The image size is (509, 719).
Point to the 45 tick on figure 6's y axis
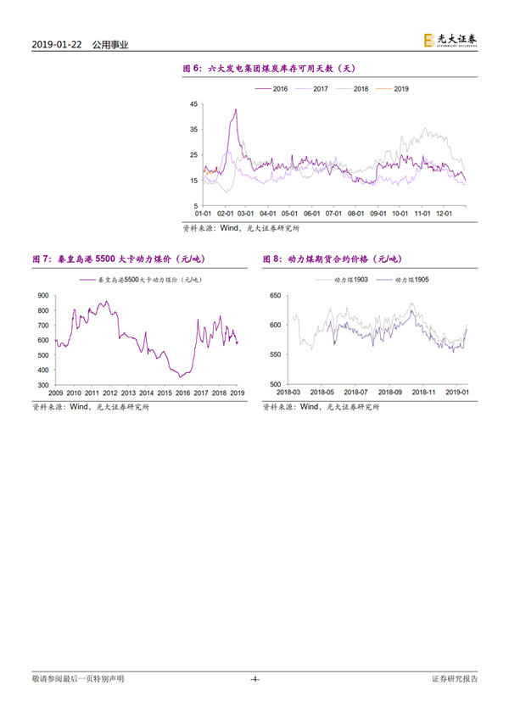click(193, 104)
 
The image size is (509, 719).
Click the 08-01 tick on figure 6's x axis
click(355, 214)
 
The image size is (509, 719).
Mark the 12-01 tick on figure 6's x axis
click(443, 214)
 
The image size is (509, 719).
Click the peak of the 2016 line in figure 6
click(235, 109)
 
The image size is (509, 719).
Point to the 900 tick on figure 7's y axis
click(42, 295)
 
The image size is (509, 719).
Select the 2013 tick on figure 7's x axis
click(129, 393)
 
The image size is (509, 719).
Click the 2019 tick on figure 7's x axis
click(238, 393)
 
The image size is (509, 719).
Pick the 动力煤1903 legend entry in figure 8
click(352, 279)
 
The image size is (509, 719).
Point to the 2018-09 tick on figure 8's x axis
click(391, 393)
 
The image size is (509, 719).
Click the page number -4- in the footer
click(255, 679)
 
